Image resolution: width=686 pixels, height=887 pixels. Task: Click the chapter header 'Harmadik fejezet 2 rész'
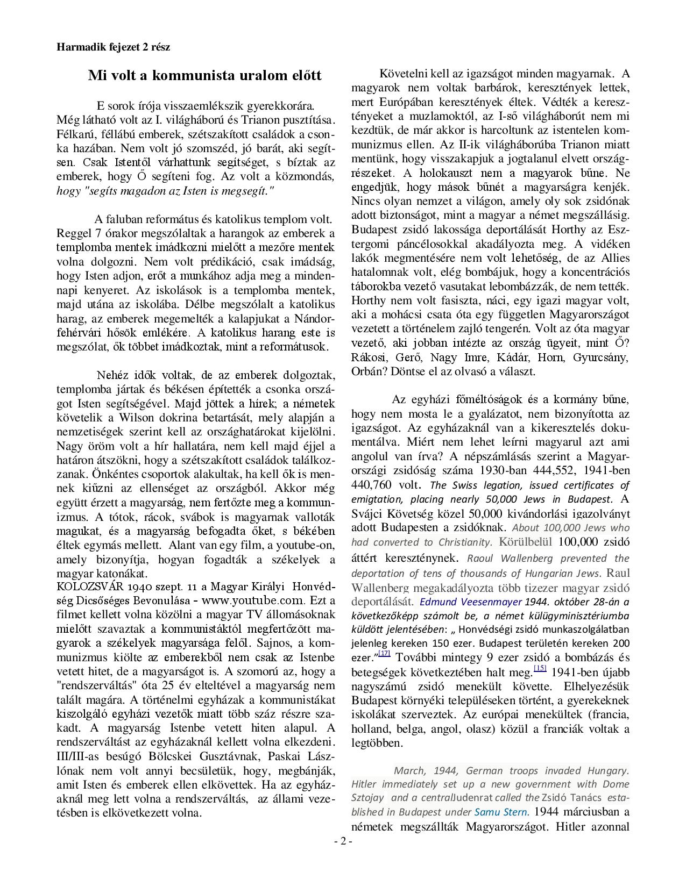113,47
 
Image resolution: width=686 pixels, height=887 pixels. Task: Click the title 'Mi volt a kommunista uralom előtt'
204,75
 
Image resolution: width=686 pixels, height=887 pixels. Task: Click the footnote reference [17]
384,654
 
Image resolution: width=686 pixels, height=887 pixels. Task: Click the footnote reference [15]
540,668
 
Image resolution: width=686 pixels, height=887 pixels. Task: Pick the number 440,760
374,485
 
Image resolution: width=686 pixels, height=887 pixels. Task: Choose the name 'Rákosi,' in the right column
369,357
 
